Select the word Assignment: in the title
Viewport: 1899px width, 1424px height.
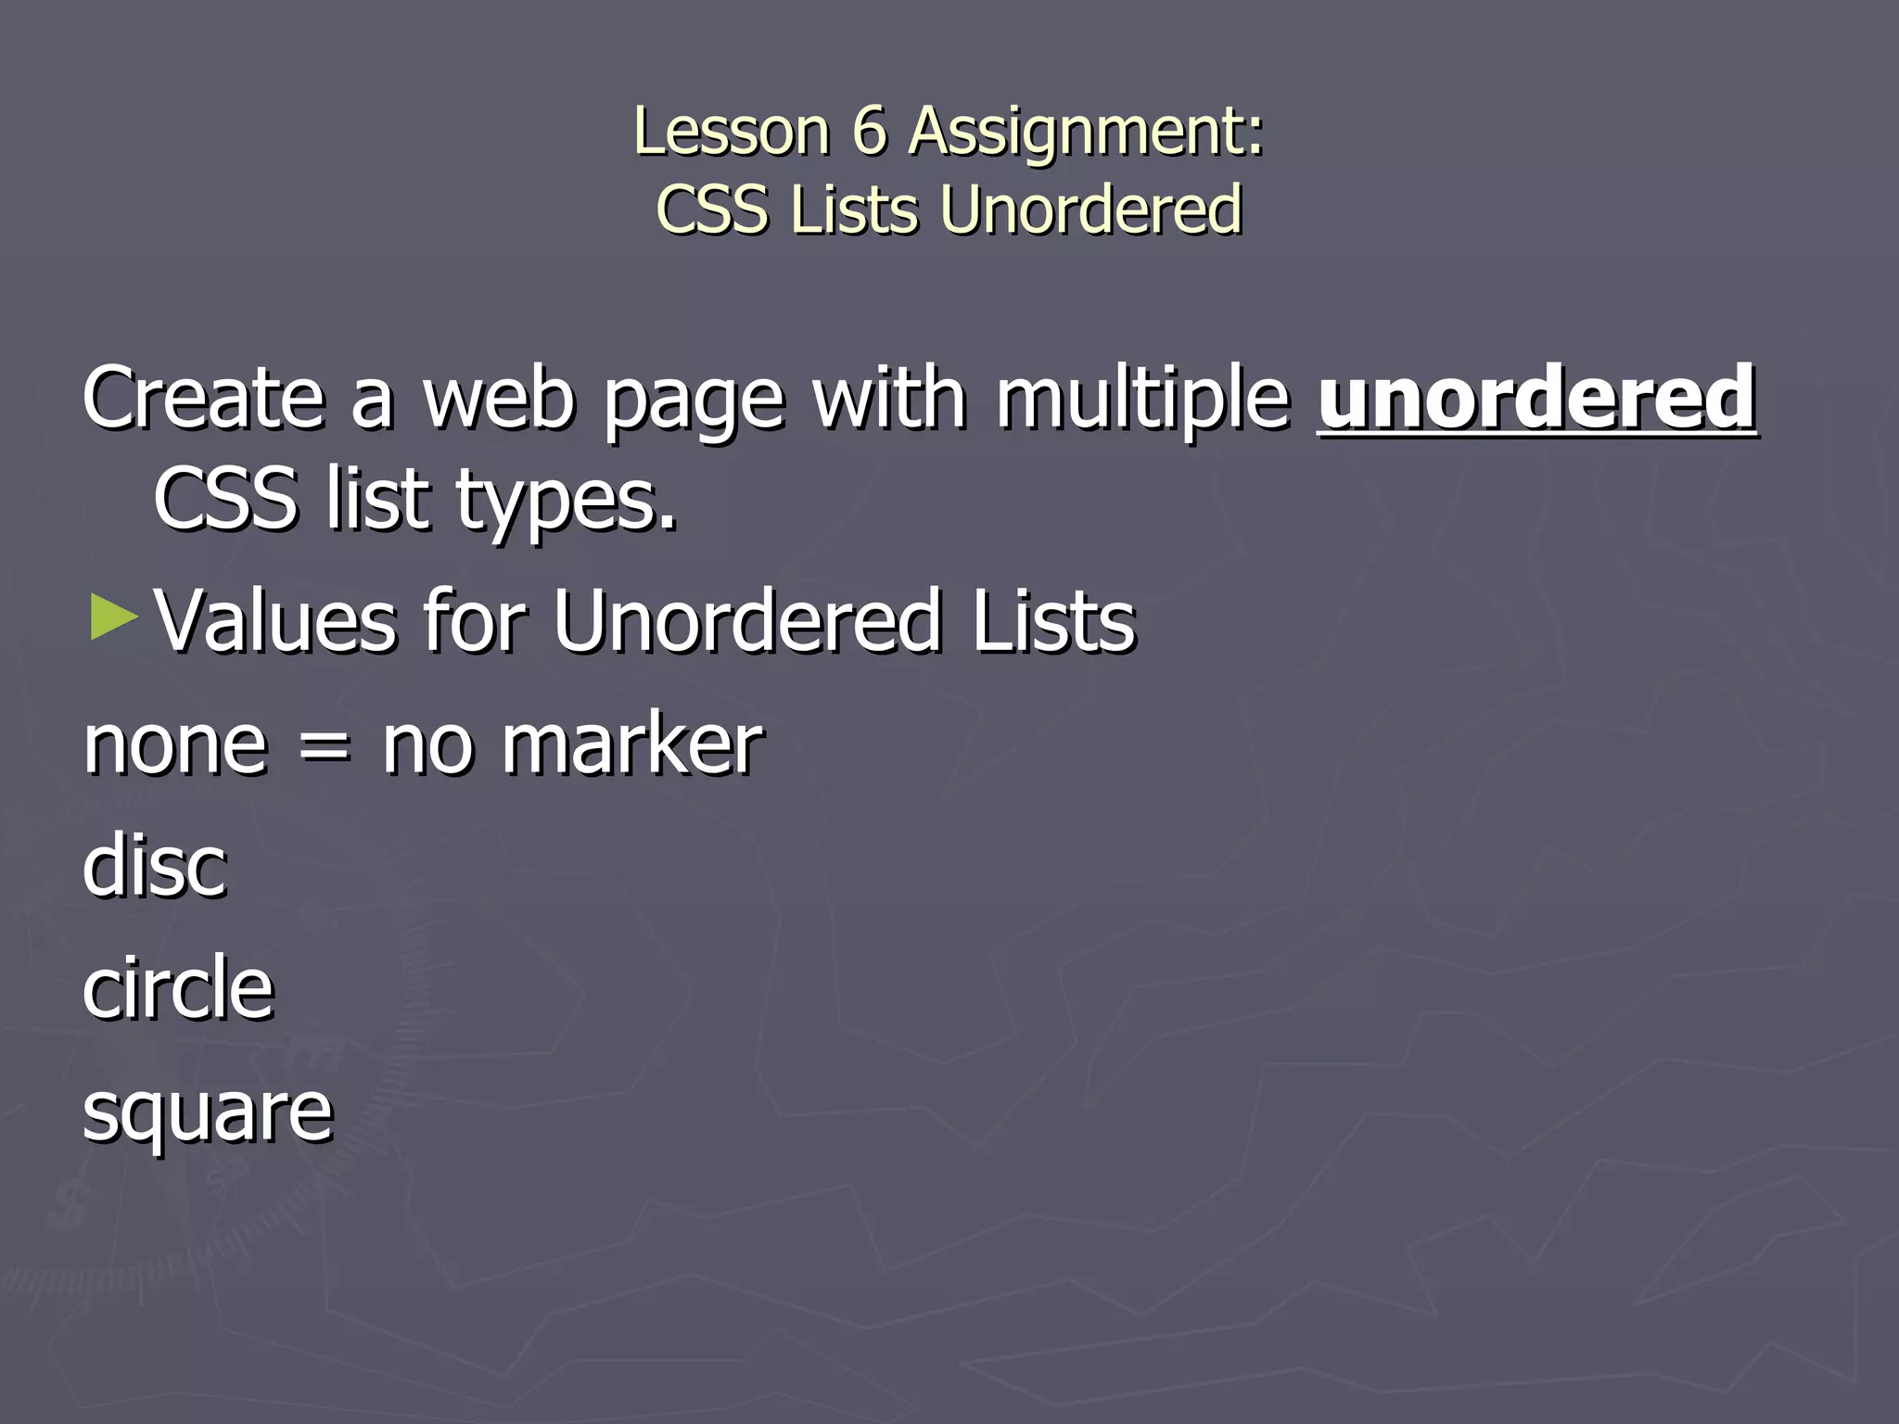[x=1086, y=133]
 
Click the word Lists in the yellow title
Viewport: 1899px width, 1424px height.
[x=853, y=210]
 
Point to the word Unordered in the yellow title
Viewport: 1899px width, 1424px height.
[x=1090, y=210]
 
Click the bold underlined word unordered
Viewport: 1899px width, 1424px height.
[x=1536, y=398]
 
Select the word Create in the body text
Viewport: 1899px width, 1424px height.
[x=203, y=398]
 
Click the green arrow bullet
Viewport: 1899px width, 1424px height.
[x=114, y=618]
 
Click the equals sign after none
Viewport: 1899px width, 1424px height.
[x=325, y=747]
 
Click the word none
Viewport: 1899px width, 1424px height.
[x=175, y=746]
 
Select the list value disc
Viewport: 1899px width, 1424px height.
[x=154, y=866]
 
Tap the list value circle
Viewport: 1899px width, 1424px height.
[x=178, y=988]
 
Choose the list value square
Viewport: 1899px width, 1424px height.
[x=207, y=1113]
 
